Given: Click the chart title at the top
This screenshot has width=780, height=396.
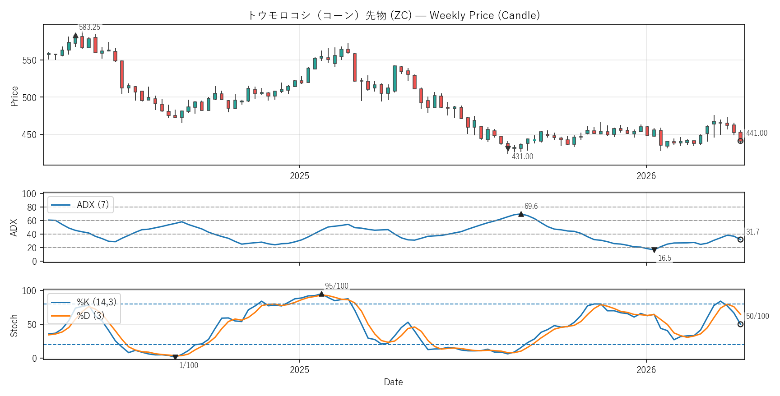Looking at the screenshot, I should pos(394,15).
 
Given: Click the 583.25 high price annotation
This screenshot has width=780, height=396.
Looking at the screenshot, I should pos(89,27).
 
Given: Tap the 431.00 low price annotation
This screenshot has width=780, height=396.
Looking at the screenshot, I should pos(522,157).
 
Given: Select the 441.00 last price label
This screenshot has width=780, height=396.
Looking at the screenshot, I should pos(757,133).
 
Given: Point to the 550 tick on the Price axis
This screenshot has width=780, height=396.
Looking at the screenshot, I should pos(29,60).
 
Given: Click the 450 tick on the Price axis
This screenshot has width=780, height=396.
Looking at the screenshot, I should pos(29,135).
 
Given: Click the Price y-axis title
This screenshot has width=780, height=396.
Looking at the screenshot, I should pos(14,96).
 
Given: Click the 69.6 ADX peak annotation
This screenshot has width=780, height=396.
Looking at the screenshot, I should pos(531,206).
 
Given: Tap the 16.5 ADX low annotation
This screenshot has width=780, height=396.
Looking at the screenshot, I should pos(664,258).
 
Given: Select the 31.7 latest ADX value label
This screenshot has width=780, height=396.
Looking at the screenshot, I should pos(752,232).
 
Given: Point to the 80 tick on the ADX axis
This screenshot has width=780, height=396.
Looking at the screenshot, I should pos(32,207).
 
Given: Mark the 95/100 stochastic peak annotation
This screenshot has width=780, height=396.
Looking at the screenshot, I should pos(337,286).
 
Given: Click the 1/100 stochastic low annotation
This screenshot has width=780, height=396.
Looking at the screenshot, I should pos(189,365).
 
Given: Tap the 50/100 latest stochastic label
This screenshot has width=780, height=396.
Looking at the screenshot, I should pos(757,316).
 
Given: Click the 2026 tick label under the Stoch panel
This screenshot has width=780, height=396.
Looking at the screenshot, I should pos(646,370).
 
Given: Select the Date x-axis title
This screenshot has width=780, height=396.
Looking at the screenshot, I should pos(393,382).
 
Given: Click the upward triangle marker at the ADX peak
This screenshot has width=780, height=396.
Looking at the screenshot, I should pos(521,214).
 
